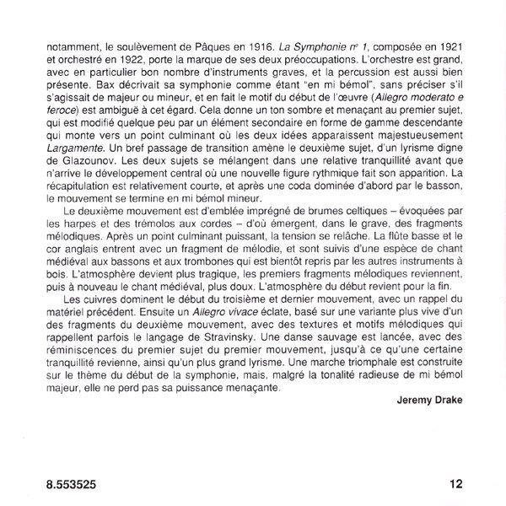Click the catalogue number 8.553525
coord(66,482)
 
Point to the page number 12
coord(455,482)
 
